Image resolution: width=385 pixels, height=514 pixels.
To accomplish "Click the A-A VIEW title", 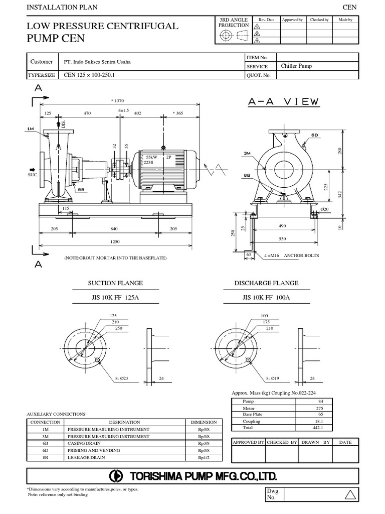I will coord(283,101).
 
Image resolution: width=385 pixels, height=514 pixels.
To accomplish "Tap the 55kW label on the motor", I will coord(150,157).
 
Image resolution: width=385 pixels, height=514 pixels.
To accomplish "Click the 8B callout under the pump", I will coord(80,189).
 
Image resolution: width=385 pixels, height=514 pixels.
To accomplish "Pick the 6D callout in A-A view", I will coord(314,136).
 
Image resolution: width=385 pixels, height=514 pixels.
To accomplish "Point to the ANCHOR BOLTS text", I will coord(301,255).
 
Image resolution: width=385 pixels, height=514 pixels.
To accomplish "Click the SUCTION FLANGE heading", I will coord(116,283).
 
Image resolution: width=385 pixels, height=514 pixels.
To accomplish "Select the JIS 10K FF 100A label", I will coord(266,297).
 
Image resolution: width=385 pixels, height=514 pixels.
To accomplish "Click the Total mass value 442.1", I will coord(318,428).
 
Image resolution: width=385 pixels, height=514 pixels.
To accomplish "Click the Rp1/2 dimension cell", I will coord(203,458).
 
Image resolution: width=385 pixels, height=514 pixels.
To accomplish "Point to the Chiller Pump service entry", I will coord(296,66).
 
